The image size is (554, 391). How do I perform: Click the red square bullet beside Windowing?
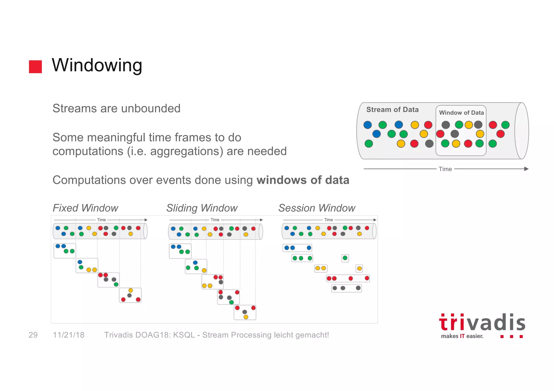35,67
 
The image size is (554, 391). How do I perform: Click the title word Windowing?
97,65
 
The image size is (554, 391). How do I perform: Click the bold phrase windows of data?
303,180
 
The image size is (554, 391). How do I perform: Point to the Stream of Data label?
392,109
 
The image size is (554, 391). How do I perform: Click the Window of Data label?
461,113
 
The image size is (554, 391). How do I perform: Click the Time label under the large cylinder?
445,169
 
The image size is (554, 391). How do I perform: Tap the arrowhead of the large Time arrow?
526,169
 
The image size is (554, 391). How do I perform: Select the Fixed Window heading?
85,208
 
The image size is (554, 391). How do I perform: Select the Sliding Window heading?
202,208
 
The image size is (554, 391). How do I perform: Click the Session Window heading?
316,208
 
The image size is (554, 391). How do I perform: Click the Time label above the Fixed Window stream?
101,220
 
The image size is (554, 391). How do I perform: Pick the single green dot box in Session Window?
345,258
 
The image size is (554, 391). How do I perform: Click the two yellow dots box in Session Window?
321,268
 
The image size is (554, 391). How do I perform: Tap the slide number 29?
33,335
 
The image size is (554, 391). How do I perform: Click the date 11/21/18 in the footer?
68,335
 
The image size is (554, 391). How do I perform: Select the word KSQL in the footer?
184,335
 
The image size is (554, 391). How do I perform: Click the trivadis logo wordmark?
482,323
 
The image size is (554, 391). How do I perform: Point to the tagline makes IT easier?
462,336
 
